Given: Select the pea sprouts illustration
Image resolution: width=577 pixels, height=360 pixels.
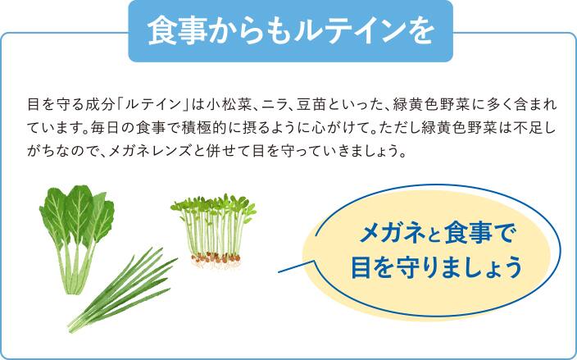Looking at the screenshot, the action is click(214, 230).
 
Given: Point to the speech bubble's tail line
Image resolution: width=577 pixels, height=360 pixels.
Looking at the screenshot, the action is click(297, 267).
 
